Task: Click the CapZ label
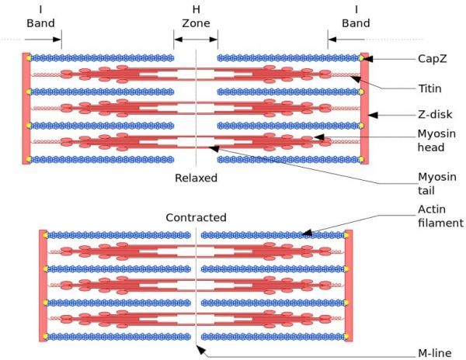pyautogui.click(x=433, y=58)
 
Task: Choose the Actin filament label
pyautogui.click(x=440, y=216)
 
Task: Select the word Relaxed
pyautogui.click(x=196, y=178)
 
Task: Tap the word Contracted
pyautogui.click(x=196, y=217)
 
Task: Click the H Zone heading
pyautogui.click(x=196, y=16)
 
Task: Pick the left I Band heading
pyautogui.click(x=40, y=16)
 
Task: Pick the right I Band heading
pyautogui.click(x=356, y=16)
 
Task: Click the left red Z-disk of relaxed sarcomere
pyautogui.click(x=26, y=108)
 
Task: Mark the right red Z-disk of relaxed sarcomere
pyautogui.click(x=364, y=108)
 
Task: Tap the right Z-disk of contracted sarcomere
pyautogui.click(x=348, y=286)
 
